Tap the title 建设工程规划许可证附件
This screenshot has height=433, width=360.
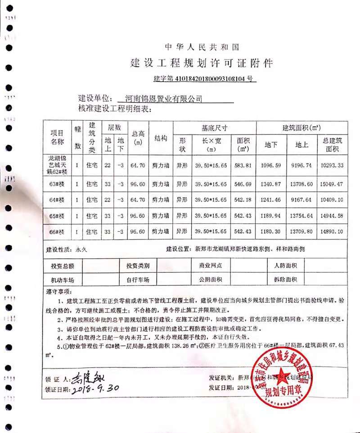click(x=202, y=62)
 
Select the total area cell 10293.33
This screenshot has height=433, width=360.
click(x=332, y=165)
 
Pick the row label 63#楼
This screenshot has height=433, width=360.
click(x=57, y=184)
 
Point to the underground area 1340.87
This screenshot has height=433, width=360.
click(x=271, y=184)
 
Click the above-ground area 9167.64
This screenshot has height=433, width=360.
click(x=301, y=199)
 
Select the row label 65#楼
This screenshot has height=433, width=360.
click(x=57, y=216)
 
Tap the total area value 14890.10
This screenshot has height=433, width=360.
click(x=332, y=231)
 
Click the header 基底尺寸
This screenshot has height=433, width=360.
click(x=214, y=127)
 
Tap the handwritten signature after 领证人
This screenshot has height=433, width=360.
click(x=90, y=375)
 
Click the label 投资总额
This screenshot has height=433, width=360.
click(x=63, y=266)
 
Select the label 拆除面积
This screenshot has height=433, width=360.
click(x=285, y=280)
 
